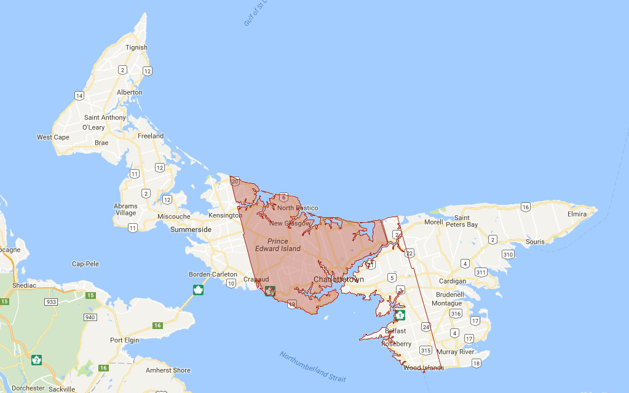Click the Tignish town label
pos(136,47)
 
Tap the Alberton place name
pos(129,92)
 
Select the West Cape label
pos(53,137)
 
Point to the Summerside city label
pos(191,229)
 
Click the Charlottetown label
pos(339,279)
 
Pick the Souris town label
pos(535,242)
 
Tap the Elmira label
pos(577,214)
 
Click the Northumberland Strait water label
pos(312,367)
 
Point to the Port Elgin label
pos(125,340)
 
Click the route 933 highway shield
pos(51,302)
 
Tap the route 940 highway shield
pos(90,317)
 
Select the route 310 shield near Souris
pos(507,254)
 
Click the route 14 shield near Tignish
pos(79,95)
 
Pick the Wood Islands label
pos(424,368)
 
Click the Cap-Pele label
pos(85,264)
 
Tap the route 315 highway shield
pos(426,350)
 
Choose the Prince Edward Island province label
pos(278,245)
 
